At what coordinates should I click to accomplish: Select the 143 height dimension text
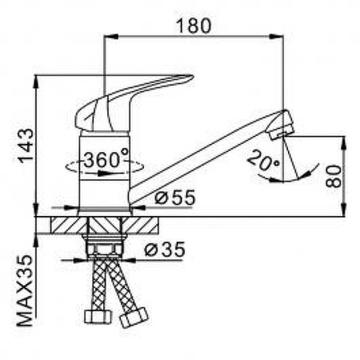24,145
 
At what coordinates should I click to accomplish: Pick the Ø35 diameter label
166,250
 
